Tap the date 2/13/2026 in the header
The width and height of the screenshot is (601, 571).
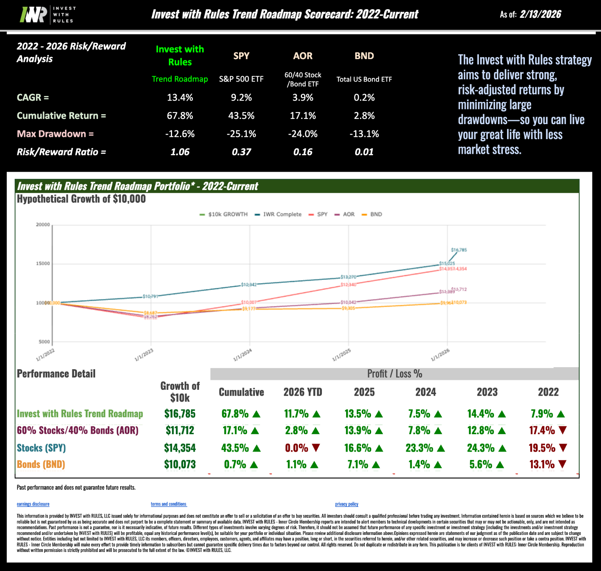click(540, 15)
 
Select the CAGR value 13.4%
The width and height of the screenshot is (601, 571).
click(180, 98)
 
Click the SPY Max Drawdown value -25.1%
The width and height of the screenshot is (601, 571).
click(241, 134)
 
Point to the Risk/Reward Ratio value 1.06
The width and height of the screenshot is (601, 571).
click(180, 152)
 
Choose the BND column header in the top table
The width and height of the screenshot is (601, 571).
click(364, 56)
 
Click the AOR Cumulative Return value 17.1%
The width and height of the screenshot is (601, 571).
click(302, 116)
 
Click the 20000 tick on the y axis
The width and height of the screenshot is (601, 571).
click(43, 225)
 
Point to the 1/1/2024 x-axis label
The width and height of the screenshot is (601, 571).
click(243, 355)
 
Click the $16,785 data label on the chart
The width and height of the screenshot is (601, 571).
click(459, 250)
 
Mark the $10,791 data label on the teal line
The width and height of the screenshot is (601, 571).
click(150, 296)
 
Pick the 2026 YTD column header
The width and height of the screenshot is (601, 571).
click(302, 392)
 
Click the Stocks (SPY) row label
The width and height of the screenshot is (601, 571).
click(41, 448)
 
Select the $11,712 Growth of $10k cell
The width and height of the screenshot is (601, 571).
click(180, 431)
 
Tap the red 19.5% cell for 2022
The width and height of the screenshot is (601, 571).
click(542, 448)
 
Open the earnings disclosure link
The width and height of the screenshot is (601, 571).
click(33, 504)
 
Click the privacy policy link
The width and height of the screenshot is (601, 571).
click(346, 504)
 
